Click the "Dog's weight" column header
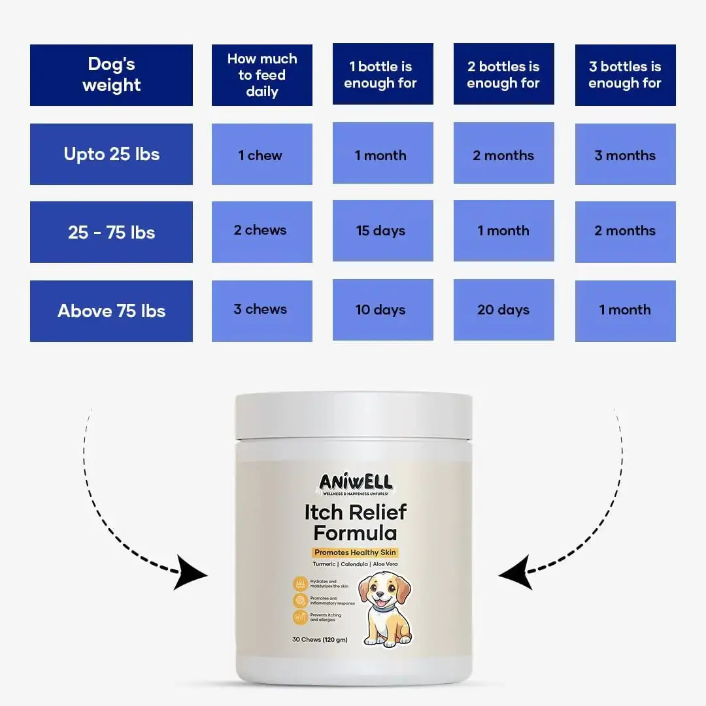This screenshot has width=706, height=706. coord(111,75)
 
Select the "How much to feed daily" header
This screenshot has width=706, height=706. coord(261,75)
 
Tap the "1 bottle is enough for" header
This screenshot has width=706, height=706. coord(382,75)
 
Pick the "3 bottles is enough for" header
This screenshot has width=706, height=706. coord(625,75)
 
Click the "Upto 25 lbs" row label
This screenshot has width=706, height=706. coord(111,154)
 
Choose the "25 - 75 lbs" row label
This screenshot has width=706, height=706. coord(111,232)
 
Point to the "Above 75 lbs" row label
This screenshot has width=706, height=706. coord(111,311)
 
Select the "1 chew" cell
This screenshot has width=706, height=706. coord(261,155)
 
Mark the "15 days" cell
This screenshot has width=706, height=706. coord(382,231)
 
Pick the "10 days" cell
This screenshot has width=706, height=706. coord(382,310)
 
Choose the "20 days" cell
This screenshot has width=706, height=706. coord(503,310)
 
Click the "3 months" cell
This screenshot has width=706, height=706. coord(625,155)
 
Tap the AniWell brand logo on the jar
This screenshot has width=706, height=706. coord(356,484)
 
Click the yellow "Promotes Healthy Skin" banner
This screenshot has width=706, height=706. coord(356,552)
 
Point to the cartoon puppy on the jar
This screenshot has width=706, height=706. coord(386,609)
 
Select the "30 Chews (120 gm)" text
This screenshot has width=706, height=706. coord(324,639)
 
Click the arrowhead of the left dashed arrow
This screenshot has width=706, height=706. coord(193,574)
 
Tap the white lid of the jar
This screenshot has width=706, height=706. coord(354,416)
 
